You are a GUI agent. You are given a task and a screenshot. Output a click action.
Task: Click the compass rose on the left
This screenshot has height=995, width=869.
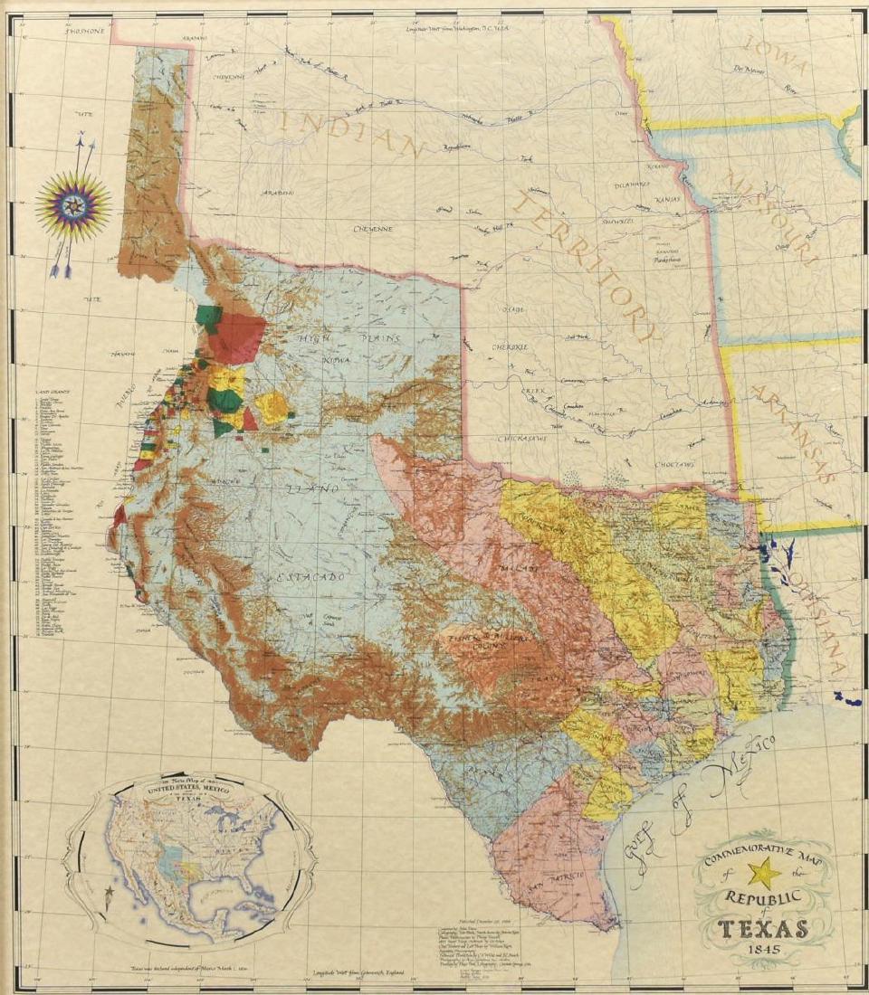(x=73, y=205)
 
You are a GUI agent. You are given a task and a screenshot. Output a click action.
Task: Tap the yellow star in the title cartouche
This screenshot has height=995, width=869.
(x=765, y=873)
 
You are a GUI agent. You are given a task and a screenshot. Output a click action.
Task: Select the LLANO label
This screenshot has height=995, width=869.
(x=312, y=489)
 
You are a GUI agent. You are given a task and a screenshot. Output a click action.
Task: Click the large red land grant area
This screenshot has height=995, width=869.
(x=237, y=336)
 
